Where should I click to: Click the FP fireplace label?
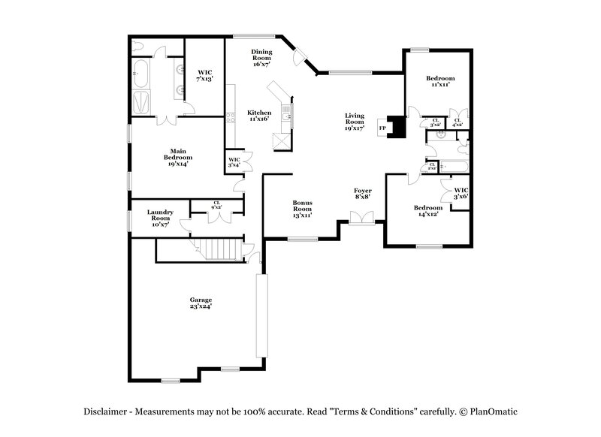(x=382, y=128)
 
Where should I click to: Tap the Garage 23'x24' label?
(x=200, y=303)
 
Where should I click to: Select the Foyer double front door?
(x=361, y=218)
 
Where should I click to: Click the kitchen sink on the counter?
(x=286, y=114)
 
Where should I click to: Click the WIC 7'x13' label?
(x=205, y=75)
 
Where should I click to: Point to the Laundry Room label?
(x=159, y=217)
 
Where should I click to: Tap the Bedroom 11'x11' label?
(x=440, y=81)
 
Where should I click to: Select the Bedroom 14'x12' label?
(x=427, y=210)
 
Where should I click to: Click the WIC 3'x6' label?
(x=461, y=193)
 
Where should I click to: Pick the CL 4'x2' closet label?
(x=457, y=122)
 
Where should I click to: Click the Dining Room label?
(x=261, y=57)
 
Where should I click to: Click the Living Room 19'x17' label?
(x=355, y=122)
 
